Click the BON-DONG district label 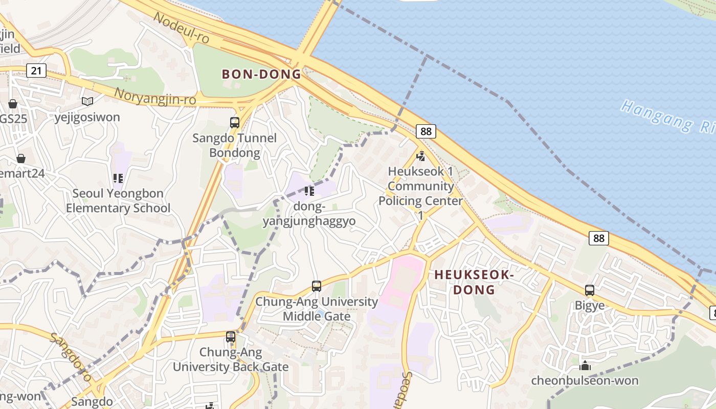(261, 74)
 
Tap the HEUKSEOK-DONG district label (474, 282)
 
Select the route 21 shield (36, 70)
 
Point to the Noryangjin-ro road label (155, 96)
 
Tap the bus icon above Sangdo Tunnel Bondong (235, 123)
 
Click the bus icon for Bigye (590, 290)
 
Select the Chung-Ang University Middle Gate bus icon (317, 286)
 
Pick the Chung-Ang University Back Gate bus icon (231, 337)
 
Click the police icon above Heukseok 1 (421, 156)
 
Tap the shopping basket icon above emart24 (21, 158)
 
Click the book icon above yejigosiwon (87, 102)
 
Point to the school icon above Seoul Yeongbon (118, 178)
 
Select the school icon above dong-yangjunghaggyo (309, 191)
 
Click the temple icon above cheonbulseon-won (585, 366)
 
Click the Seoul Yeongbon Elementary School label (118, 201)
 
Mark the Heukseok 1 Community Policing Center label (421, 186)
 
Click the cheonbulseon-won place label (585, 381)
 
